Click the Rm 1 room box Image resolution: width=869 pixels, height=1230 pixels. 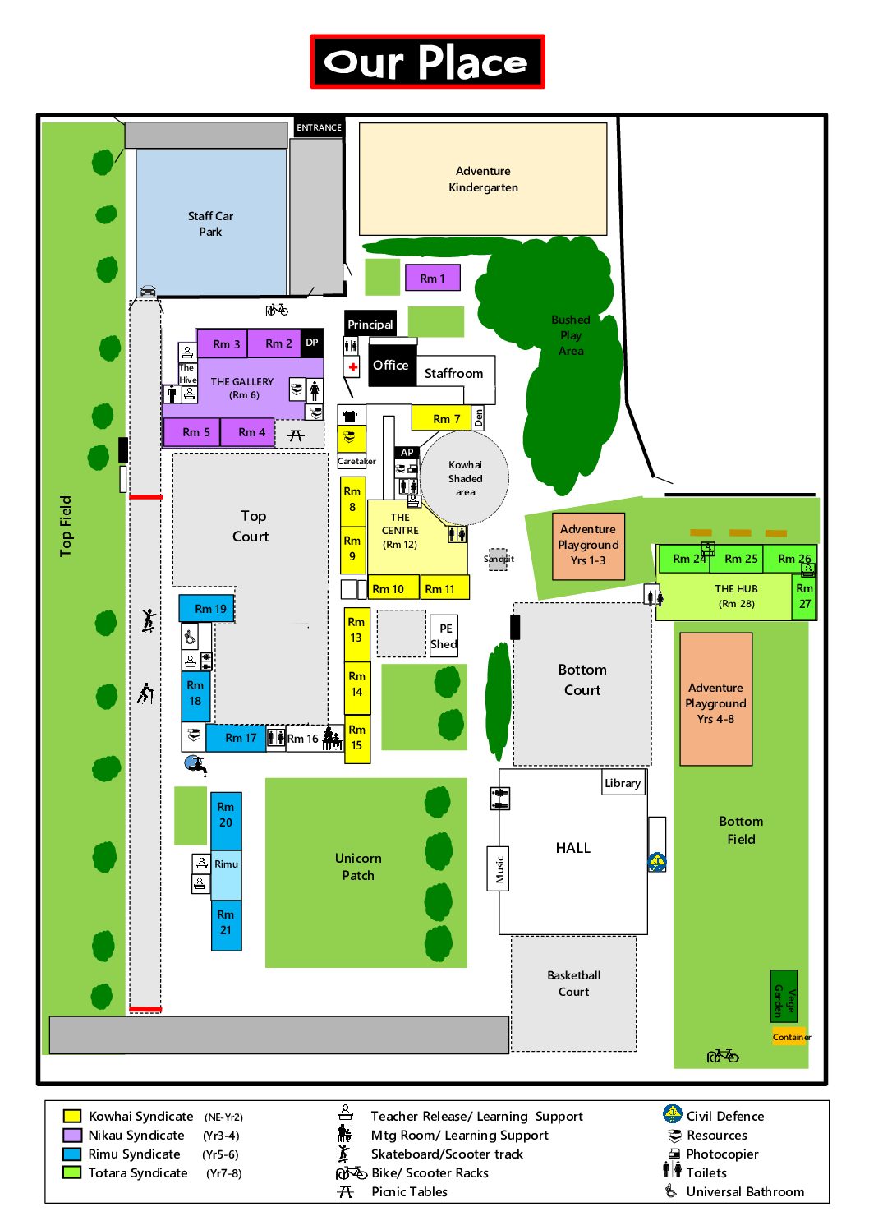point(432,278)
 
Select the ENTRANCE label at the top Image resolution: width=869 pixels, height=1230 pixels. point(319,127)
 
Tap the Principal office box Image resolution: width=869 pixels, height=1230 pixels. point(370,324)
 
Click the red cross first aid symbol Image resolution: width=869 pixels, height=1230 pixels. point(352,366)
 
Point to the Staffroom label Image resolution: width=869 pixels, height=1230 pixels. point(453,373)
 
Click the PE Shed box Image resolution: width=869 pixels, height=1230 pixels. point(444,637)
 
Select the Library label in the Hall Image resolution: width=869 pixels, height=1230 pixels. point(623,783)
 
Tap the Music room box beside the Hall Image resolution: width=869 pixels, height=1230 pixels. point(499,868)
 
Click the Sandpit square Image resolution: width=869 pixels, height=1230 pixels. point(499,559)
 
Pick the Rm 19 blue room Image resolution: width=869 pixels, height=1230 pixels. point(207,609)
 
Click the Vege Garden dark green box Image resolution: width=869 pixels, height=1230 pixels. point(784,995)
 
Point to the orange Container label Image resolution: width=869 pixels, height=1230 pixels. point(791,1037)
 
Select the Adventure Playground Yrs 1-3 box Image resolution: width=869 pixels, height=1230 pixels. point(588,545)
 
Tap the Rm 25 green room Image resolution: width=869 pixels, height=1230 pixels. point(741,559)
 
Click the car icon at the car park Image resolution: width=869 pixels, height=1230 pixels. point(148,290)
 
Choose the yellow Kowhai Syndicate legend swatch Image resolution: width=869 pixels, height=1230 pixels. point(72,1116)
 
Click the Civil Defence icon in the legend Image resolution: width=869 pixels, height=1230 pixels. point(672,1114)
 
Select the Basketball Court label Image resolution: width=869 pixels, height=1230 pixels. point(573,984)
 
